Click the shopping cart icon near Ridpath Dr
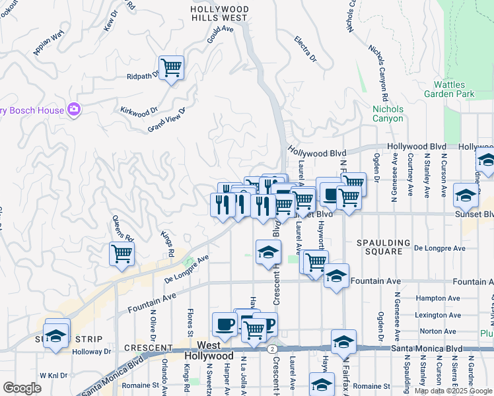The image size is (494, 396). pyautogui.click(x=171, y=67)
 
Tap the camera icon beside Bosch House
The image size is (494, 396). pyautogui.click(x=73, y=110)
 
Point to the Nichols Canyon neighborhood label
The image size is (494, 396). pyautogui.click(x=388, y=114)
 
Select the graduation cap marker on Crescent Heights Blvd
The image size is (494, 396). pyautogui.click(x=268, y=251)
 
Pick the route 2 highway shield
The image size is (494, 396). pyautogui.click(x=272, y=348)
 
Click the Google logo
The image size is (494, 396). pyautogui.click(x=22, y=388)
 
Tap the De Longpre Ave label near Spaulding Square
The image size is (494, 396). pyautogui.click(x=439, y=248)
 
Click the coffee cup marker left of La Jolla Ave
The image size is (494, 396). pyautogui.click(x=225, y=324)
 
